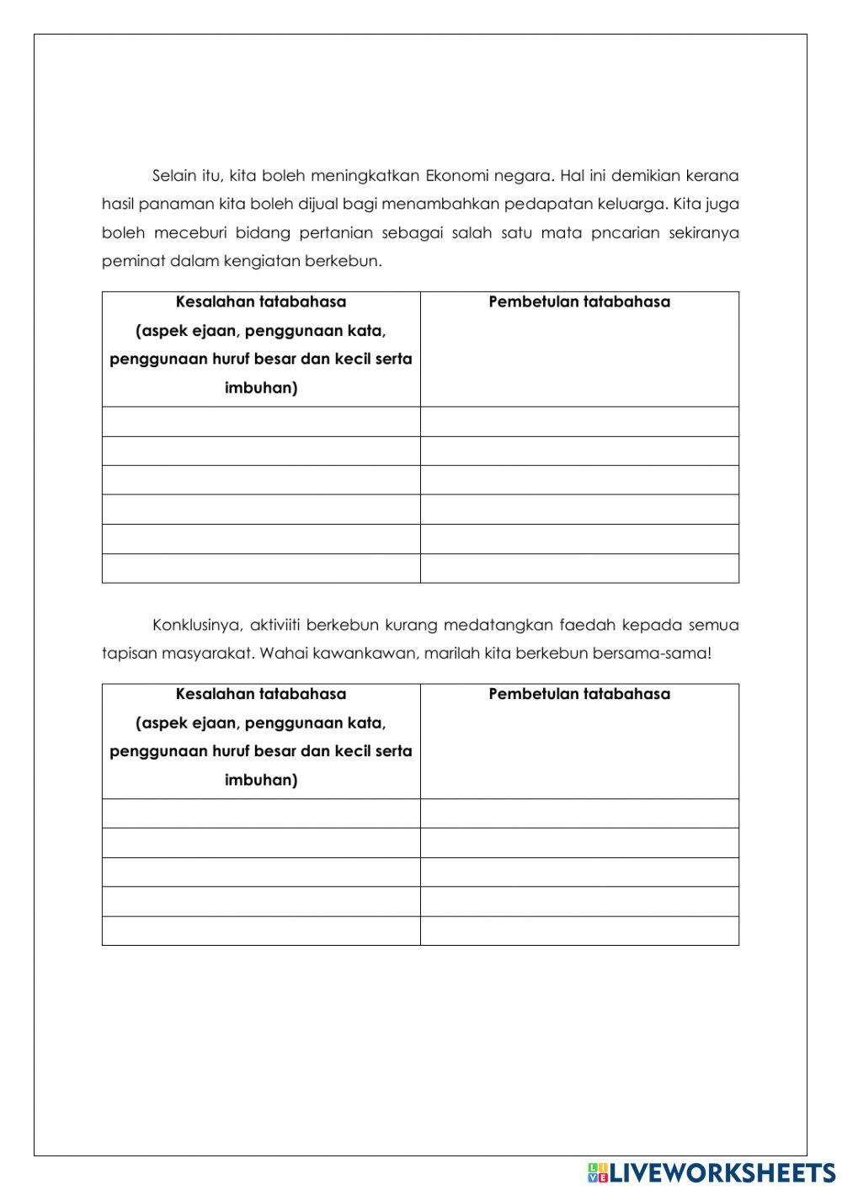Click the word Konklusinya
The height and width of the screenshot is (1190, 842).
coord(198,625)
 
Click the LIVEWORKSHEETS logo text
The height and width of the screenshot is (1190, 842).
coord(722,1171)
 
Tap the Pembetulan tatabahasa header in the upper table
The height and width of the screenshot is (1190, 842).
coord(579,302)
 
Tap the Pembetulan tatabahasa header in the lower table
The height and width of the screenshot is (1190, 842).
coord(579,695)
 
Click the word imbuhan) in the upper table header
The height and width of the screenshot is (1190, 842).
coord(261,388)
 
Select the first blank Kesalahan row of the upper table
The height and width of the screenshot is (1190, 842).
coord(261,422)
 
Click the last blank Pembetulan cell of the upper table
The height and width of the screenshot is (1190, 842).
coord(579,568)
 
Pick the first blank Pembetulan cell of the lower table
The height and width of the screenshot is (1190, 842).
coord(579,814)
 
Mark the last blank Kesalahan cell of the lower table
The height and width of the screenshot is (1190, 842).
coord(261,931)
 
